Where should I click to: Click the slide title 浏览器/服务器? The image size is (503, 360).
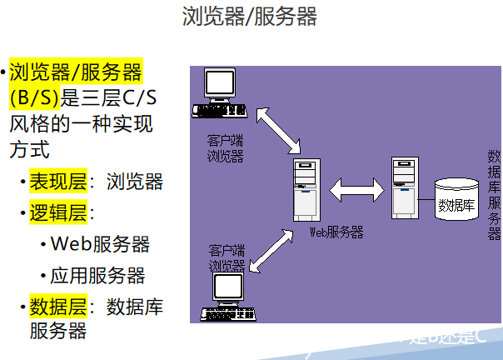coord(250,17)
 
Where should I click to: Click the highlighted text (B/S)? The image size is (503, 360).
coord(34,98)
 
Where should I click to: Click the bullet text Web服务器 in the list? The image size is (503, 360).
coord(100,244)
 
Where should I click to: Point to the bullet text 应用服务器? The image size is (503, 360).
coord(97,275)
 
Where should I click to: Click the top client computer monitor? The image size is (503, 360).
coord(221,84)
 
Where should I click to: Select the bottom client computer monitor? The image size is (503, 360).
coord(227,287)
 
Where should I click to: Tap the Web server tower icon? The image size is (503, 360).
coord(306,190)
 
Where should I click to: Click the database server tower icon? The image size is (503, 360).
coord(403,187)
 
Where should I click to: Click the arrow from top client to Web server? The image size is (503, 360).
coord(277,129)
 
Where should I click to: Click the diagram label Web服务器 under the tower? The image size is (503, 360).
coord(336,232)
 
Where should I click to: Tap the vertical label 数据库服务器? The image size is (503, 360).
coord(494,195)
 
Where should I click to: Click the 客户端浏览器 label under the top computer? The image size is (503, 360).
coord(225,147)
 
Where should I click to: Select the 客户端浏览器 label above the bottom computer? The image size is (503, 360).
coord(227,257)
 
